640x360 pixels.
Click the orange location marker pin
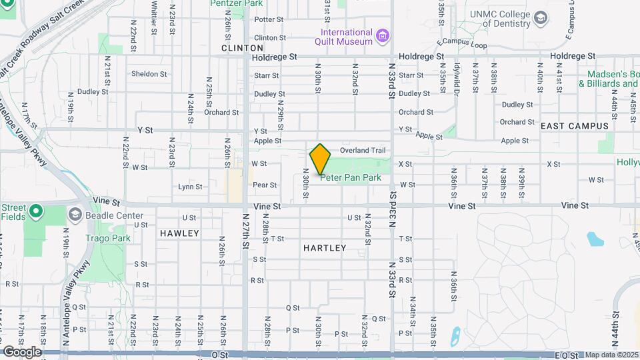(321, 159)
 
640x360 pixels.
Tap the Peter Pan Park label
(351, 178)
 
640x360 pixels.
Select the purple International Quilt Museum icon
(383, 35)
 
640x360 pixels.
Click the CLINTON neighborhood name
(243, 48)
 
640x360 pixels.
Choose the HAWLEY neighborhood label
(179, 233)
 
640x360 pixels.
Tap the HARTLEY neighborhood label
(325, 248)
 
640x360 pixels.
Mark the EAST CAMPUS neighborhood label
(575, 126)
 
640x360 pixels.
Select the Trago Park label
(99, 237)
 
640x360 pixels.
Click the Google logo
(22, 351)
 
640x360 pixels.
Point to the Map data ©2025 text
(611, 355)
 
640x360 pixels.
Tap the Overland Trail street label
(363, 151)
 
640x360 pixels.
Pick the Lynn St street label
(190, 187)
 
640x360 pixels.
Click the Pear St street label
(265, 185)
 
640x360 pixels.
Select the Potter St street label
(269, 19)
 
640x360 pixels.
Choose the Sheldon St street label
(149, 74)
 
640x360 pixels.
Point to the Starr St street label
(265, 76)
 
